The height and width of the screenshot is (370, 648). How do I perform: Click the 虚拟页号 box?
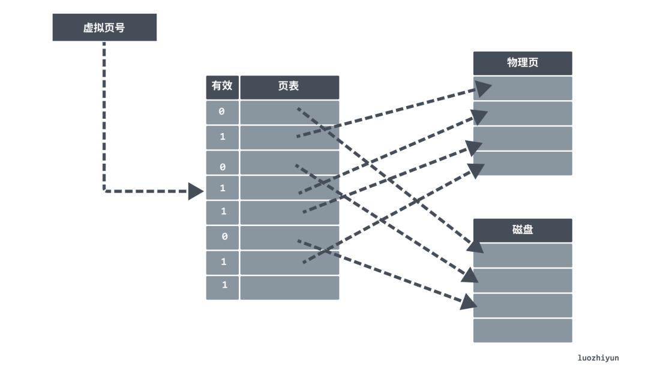point(104,28)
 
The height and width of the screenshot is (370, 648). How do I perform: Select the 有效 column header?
point(222,86)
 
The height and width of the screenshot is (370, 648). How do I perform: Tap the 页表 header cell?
point(289,86)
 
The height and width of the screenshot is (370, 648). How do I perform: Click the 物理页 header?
point(522,63)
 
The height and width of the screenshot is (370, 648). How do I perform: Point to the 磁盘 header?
point(522,230)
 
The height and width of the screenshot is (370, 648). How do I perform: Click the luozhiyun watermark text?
point(598,358)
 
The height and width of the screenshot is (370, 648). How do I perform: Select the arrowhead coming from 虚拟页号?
point(196,191)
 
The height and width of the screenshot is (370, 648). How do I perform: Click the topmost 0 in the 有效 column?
point(222,112)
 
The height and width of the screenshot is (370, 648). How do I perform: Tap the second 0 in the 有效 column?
point(222,166)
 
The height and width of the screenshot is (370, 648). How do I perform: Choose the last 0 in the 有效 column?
point(224,237)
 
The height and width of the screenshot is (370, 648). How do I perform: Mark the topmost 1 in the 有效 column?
point(222,137)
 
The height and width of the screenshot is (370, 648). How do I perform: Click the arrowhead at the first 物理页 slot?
point(484,89)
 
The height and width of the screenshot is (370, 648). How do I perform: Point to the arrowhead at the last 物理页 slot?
point(476,170)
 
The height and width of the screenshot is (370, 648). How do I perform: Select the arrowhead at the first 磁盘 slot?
point(476,247)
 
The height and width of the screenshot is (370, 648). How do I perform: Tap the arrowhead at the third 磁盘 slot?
point(469,302)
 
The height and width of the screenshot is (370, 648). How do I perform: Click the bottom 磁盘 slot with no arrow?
point(522,330)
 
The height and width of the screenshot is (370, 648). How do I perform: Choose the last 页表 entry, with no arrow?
point(289,287)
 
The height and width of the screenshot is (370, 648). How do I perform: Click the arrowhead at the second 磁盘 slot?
point(470,275)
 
